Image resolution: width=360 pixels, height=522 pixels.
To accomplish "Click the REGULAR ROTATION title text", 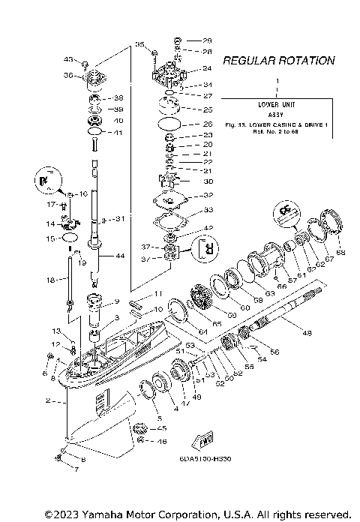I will (x=278, y=61).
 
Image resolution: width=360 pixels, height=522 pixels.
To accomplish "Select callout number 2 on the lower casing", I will (x=47, y=401).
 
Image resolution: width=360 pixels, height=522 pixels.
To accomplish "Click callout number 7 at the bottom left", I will (x=74, y=469).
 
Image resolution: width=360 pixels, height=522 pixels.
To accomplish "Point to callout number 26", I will (x=208, y=124).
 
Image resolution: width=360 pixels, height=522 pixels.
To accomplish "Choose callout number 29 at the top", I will (x=207, y=40).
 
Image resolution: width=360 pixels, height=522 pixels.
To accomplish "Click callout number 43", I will (x=67, y=59).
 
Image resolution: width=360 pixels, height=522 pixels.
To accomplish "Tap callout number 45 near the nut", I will (x=161, y=428).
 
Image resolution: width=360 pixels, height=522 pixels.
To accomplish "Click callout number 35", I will (x=139, y=46).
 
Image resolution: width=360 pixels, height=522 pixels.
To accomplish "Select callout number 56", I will (x=274, y=351).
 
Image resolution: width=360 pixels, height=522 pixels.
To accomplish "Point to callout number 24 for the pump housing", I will (x=207, y=68).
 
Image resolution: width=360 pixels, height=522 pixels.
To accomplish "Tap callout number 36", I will (x=67, y=75).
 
